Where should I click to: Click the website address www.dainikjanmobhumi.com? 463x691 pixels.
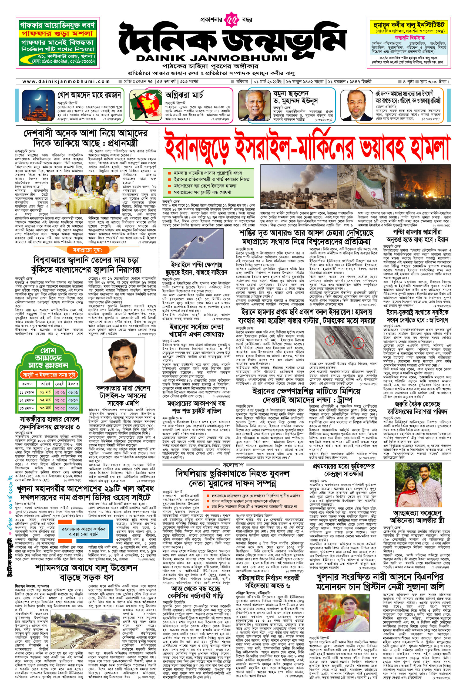coord(66,82)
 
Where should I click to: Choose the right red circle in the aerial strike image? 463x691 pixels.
coord(358,343)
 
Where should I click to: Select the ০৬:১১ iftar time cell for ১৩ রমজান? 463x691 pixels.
coord(73,408)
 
